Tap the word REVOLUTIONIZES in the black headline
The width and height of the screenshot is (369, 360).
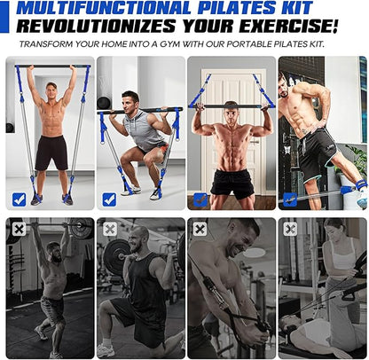coord(96,26)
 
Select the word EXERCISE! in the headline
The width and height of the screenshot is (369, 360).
coord(289,26)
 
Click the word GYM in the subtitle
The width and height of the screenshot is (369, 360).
coord(170,44)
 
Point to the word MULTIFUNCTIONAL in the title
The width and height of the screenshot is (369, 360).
coord(104,8)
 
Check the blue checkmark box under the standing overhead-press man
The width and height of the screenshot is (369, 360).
coord(20,200)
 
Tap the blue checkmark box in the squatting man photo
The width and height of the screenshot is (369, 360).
coord(109,200)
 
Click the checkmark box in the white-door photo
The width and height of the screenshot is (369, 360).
coord(200,200)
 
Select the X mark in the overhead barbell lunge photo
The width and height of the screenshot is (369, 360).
coord(20,230)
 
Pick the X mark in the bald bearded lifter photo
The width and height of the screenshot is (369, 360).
coord(110,230)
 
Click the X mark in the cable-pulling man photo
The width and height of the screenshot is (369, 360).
coord(200,230)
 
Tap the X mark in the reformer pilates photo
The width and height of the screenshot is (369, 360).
coord(290,230)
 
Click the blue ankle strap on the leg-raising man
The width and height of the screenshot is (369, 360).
coord(361,185)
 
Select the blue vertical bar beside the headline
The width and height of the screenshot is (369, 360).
coord(4,17)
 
